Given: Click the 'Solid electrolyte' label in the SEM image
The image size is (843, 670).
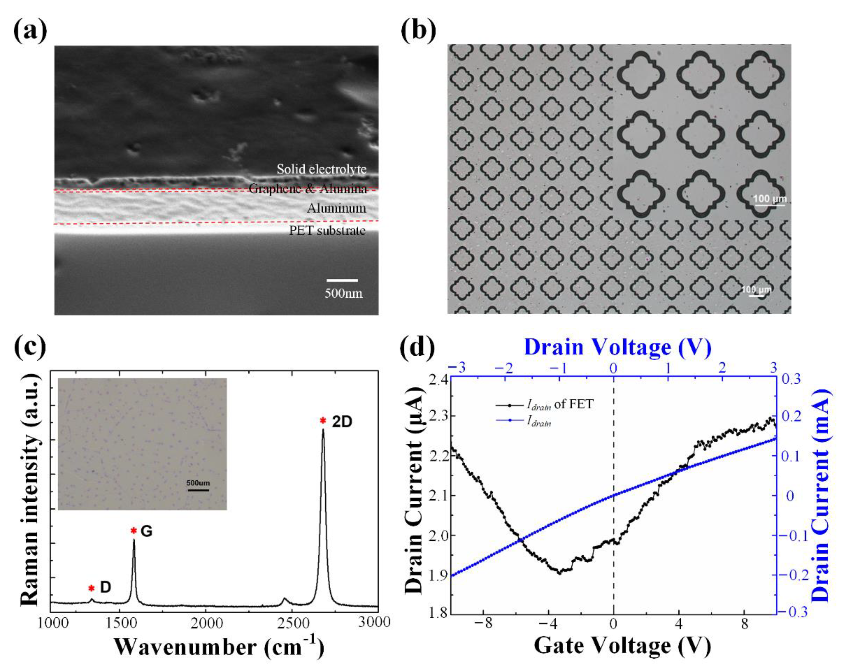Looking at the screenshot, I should point(321,169).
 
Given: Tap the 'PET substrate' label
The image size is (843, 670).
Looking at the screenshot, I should point(327,231).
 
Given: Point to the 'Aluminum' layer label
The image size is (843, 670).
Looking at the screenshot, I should point(336,208).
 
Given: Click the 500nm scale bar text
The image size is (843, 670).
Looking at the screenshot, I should point(343,293).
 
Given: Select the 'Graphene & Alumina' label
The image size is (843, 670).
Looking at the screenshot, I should point(308,189).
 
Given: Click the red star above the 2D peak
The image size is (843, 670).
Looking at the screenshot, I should point(323,421).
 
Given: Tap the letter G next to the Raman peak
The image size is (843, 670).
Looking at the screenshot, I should point(146,531).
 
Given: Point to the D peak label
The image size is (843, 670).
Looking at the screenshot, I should point(105,587).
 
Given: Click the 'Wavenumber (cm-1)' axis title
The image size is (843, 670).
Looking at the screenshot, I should point(219,647).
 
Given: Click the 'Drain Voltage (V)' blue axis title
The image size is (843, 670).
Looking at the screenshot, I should point(617,347).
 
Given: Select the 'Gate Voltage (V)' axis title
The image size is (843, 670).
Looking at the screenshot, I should point(622,646).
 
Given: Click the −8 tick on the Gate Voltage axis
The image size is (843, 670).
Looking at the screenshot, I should point(483,624).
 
